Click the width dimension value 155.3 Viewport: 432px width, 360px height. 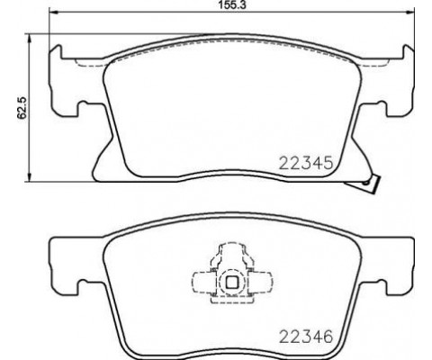(x=217, y=5)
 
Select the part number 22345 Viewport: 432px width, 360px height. (x=308, y=165)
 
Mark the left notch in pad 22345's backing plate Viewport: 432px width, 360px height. (x=84, y=112)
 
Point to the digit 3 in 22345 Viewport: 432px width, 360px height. (x=302, y=165)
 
